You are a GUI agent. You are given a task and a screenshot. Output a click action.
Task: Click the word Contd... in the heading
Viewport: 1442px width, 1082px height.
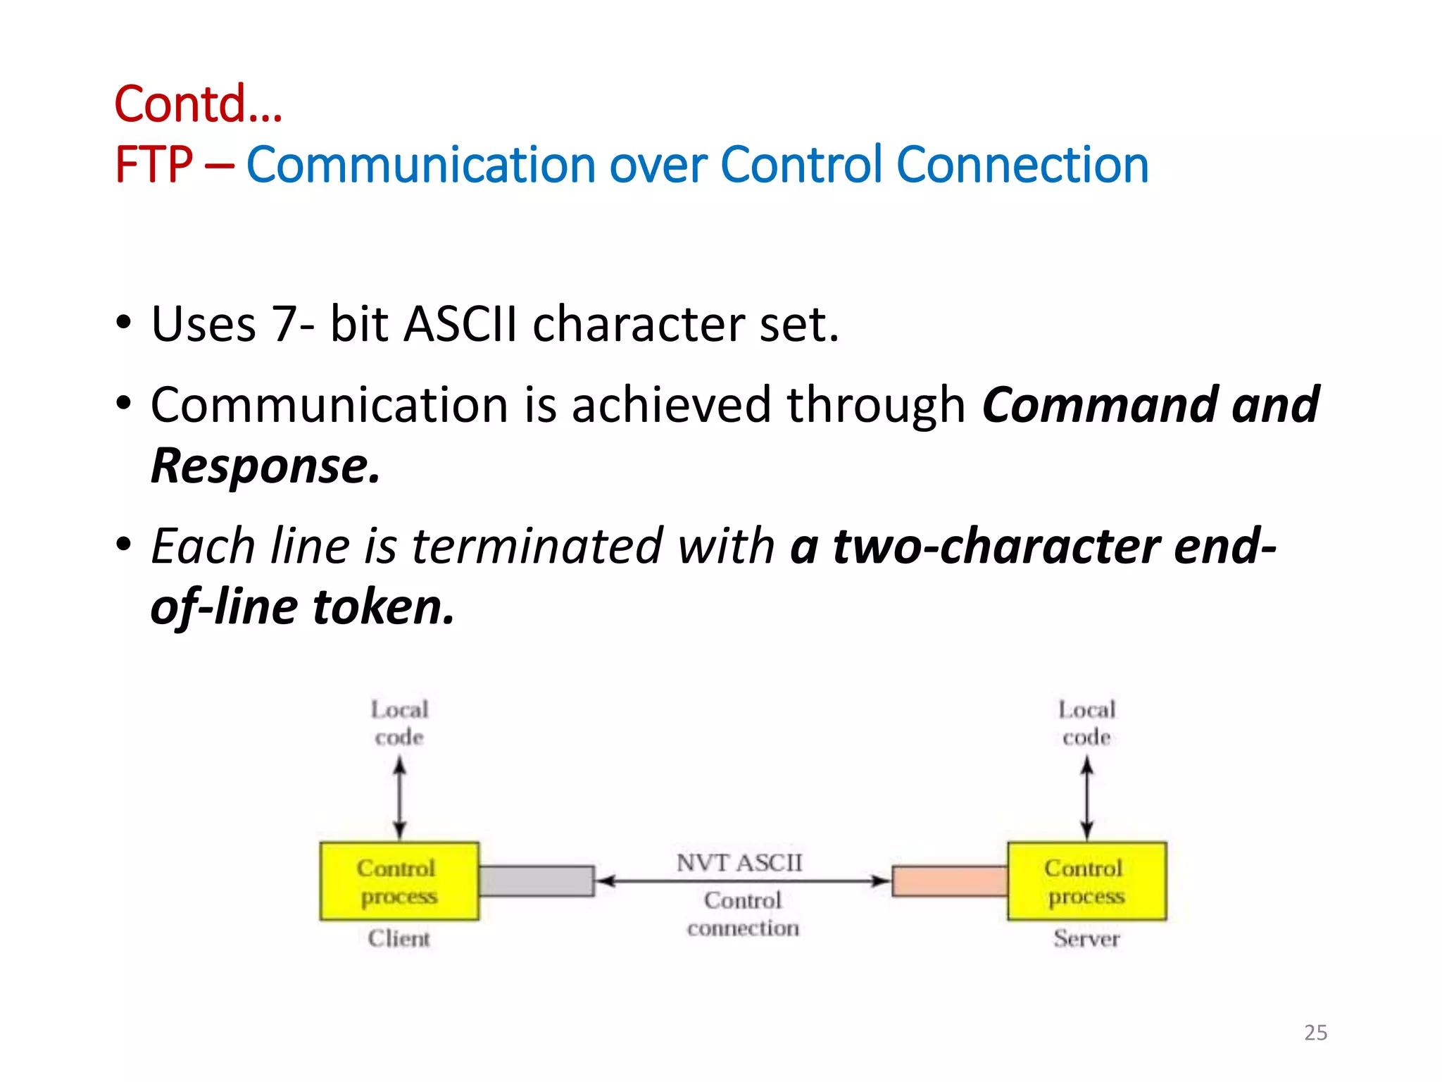pyautogui.click(x=198, y=104)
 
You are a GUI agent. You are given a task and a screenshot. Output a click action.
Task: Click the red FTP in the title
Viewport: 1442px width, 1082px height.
pyautogui.click(x=153, y=166)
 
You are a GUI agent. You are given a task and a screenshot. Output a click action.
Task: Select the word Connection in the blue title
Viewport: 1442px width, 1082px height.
pyautogui.click(x=1022, y=166)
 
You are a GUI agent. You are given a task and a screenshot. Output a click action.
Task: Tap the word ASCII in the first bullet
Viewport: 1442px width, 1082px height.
pyautogui.click(x=460, y=324)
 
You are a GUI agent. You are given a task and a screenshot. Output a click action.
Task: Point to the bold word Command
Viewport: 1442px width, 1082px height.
pyautogui.click(x=1098, y=405)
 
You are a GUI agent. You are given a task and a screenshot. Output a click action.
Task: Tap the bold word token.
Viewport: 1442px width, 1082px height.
pyautogui.click(x=383, y=607)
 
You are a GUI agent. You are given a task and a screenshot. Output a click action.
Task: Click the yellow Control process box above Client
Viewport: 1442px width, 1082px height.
pyautogui.click(x=399, y=881)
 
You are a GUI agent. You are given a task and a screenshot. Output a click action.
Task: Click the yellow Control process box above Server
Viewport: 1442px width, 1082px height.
pyautogui.click(x=1086, y=881)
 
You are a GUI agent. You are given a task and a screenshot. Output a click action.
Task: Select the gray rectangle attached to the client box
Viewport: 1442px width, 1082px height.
pyautogui.click(x=537, y=881)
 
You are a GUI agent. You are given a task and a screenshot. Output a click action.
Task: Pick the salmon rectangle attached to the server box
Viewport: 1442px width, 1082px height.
pyautogui.click(x=950, y=881)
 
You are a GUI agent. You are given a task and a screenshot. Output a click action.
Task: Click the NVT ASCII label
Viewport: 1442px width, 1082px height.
pyautogui.click(x=739, y=862)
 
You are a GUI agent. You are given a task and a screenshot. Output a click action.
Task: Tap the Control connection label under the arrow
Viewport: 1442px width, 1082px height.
pyautogui.click(x=743, y=914)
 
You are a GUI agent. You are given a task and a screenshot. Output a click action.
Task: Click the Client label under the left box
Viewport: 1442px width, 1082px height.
pyautogui.click(x=399, y=938)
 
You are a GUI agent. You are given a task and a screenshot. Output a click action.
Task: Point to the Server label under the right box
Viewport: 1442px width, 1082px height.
pyautogui.click(x=1086, y=938)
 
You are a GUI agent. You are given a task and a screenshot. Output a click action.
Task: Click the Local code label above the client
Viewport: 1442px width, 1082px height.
pyautogui.click(x=399, y=723)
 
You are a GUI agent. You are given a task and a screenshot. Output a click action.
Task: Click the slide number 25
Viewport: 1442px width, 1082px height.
pyautogui.click(x=1315, y=1033)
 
